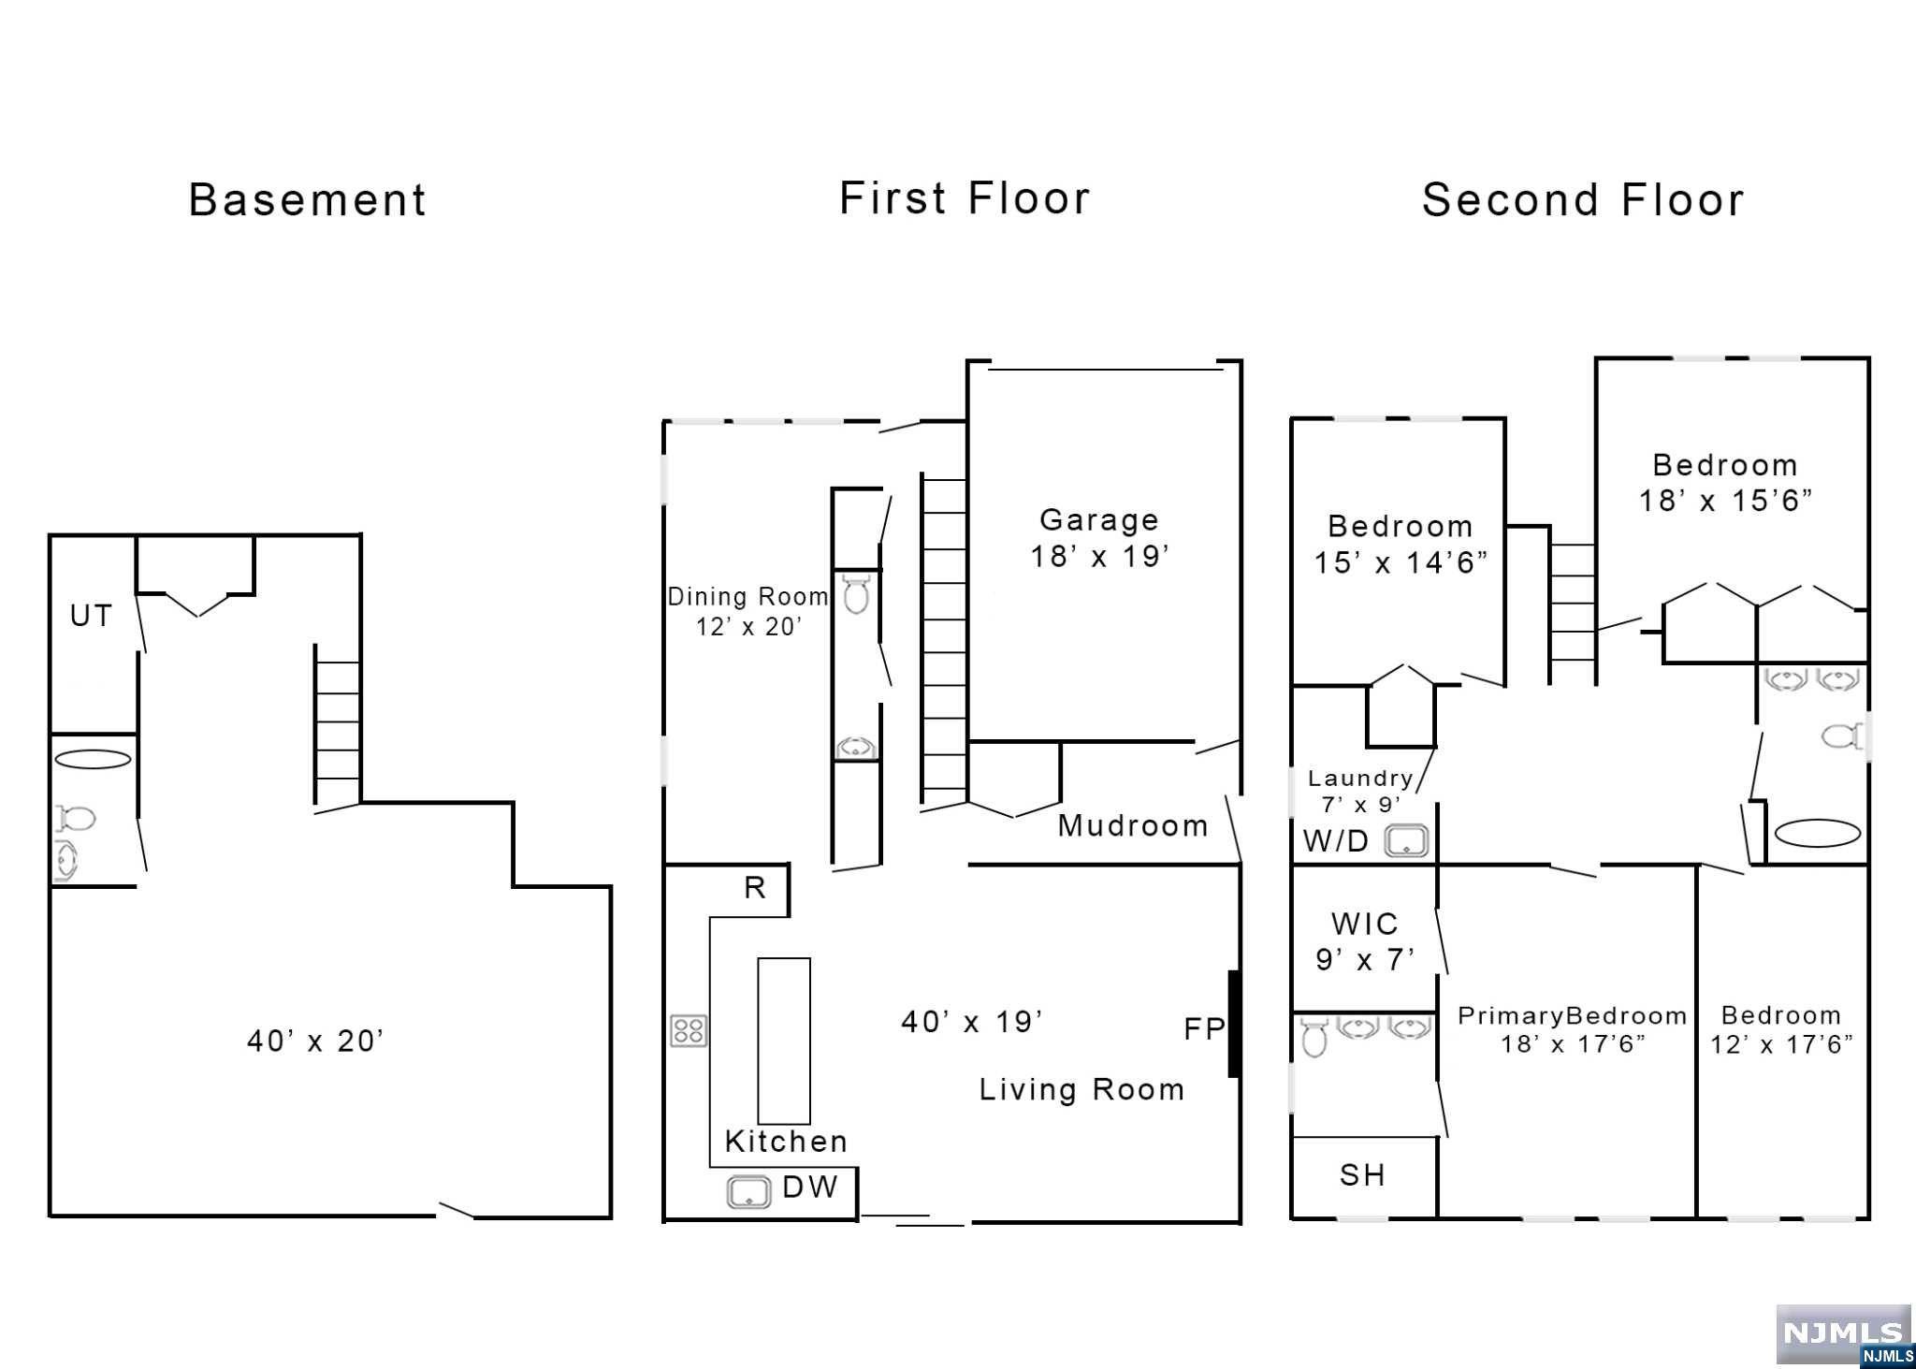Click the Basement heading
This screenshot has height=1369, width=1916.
coord(308,200)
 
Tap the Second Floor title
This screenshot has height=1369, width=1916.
coord(1583,200)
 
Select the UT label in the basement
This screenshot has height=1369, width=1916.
coord(91,616)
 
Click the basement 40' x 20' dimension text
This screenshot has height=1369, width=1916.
coord(315,1041)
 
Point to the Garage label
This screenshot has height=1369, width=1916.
coord(1099,520)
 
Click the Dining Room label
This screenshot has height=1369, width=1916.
coord(748,597)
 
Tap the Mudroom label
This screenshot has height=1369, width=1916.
coord(1132,825)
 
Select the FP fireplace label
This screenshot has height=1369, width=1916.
coord(1203,1029)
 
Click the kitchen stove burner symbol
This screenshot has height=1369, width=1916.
coord(689,1031)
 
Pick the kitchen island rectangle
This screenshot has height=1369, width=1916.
coord(783,1040)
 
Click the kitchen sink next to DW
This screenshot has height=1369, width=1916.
coord(748,1192)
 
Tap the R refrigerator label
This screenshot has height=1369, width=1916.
coord(755,888)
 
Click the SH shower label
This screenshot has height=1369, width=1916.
coord(1362,1175)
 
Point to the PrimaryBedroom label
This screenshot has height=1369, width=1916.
coord(1572,1016)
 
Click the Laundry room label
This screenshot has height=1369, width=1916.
coord(1359,779)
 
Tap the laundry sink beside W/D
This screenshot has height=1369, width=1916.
coord(1406,841)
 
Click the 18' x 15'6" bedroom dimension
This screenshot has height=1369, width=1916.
coord(1724,501)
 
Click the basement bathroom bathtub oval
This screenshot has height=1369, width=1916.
coord(93,759)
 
